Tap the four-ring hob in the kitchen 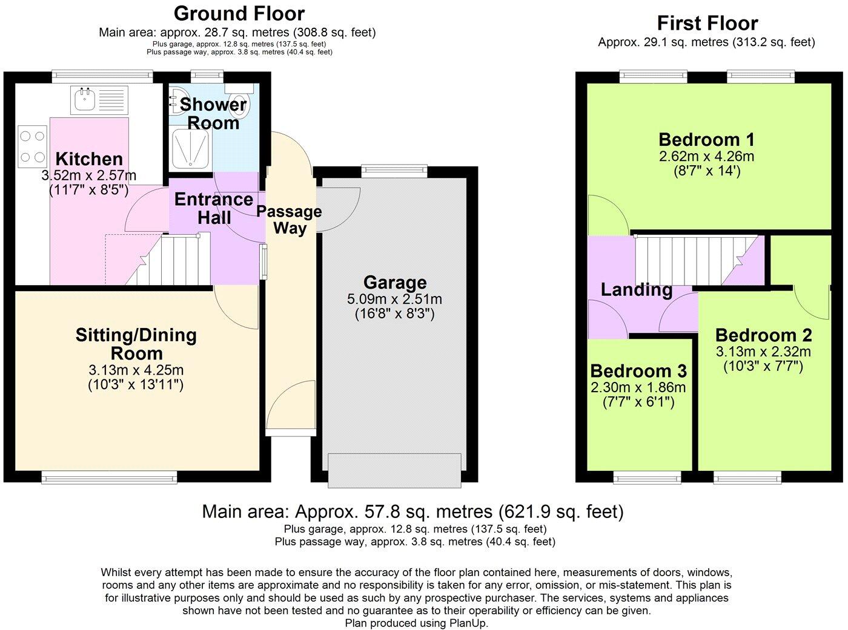pyautogui.click(x=33, y=146)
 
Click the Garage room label pyautogui.click(x=395, y=283)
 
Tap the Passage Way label pyautogui.click(x=289, y=220)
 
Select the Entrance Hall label pyautogui.click(x=213, y=208)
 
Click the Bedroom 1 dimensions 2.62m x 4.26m pyautogui.click(x=706, y=156)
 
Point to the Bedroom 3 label pyautogui.click(x=638, y=371)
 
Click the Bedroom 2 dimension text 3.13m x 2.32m pyautogui.click(x=763, y=352)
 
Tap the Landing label pyautogui.click(x=636, y=290)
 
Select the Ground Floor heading pyautogui.click(x=239, y=13)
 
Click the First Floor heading pyautogui.click(x=707, y=24)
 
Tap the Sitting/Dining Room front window pyautogui.click(x=110, y=478)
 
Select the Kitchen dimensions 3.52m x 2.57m pyautogui.click(x=89, y=176)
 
